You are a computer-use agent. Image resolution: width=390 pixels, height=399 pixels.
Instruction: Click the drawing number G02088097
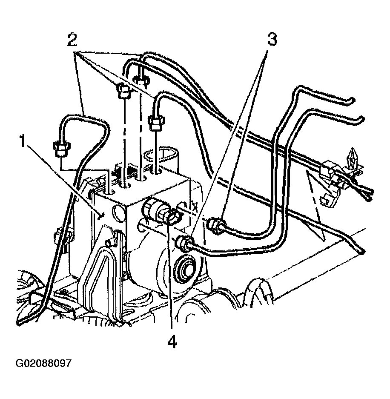[x=43, y=363]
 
